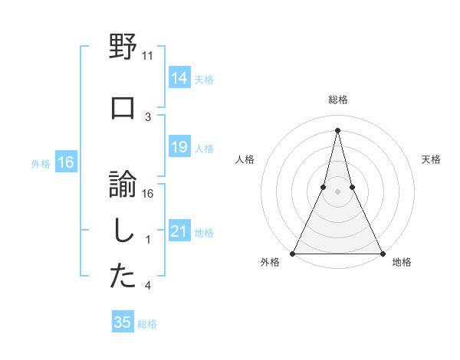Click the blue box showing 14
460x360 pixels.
pyautogui.click(x=179, y=78)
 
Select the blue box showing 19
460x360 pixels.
pyautogui.click(x=179, y=147)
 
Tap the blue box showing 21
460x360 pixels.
pyautogui.click(x=179, y=231)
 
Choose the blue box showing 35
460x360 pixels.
pyautogui.click(x=123, y=322)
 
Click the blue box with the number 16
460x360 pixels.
pyautogui.click(x=66, y=162)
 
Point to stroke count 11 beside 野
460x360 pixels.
pyautogui.click(x=148, y=56)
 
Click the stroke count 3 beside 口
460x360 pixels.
pyautogui.click(x=148, y=116)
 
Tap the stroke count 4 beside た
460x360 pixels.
pyautogui.click(x=148, y=286)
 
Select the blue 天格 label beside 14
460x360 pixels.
pyautogui.click(x=204, y=79)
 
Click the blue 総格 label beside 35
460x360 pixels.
pyautogui.click(x=147, y=324)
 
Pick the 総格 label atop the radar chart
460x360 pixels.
pyautogui.click(x=337, y=100)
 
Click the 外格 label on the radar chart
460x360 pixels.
pyautogui.click(x=270, y=262)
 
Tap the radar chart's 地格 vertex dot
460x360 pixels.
pyautogui.click(x=382, y=253)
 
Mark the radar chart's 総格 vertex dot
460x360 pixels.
pyautogui.click(x=337, y=129)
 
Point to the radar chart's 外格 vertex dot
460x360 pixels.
pyautogui.click(x=293, y=253)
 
